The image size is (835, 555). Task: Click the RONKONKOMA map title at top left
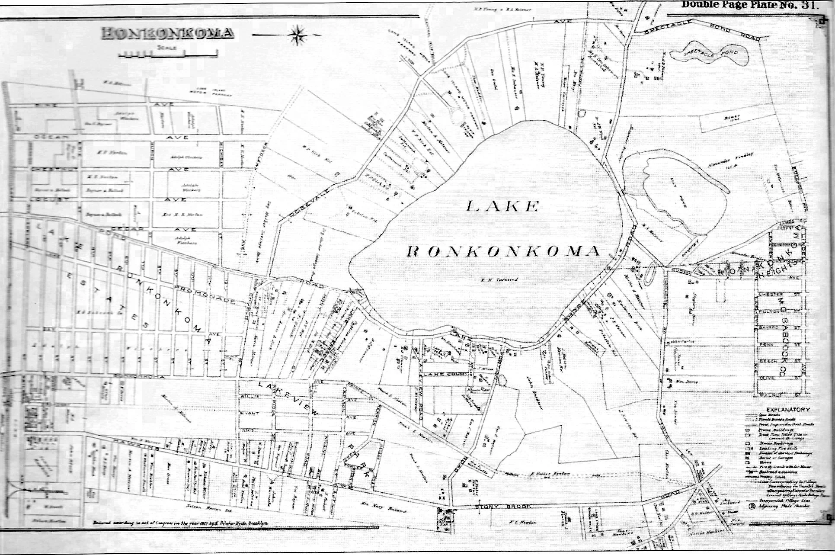coord(168,33)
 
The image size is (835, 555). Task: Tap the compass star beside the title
coord(298,35)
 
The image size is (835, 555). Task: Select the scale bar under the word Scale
coord(168,55)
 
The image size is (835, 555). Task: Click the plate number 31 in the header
coord(808,5)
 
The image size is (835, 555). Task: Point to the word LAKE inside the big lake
coord(503,206)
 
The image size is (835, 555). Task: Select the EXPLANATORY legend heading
coord(788,409)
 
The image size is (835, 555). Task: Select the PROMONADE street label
coord(205,294)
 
